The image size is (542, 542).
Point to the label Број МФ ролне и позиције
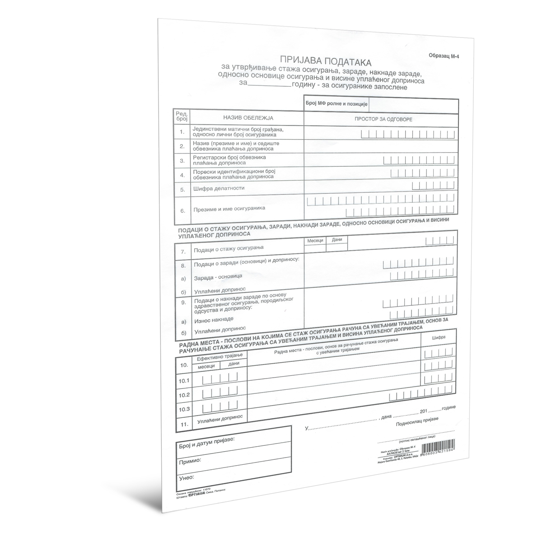(x=336, y=104)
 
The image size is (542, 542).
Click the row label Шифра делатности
(x=219, y=188)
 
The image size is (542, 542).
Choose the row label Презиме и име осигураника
(x=229, y=209)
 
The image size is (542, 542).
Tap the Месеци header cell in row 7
(x=315, y=241)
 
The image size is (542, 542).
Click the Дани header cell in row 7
(x=337, y=240)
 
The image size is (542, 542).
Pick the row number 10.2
(x=184, y=395)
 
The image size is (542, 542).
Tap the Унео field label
(x=186, y=477)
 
